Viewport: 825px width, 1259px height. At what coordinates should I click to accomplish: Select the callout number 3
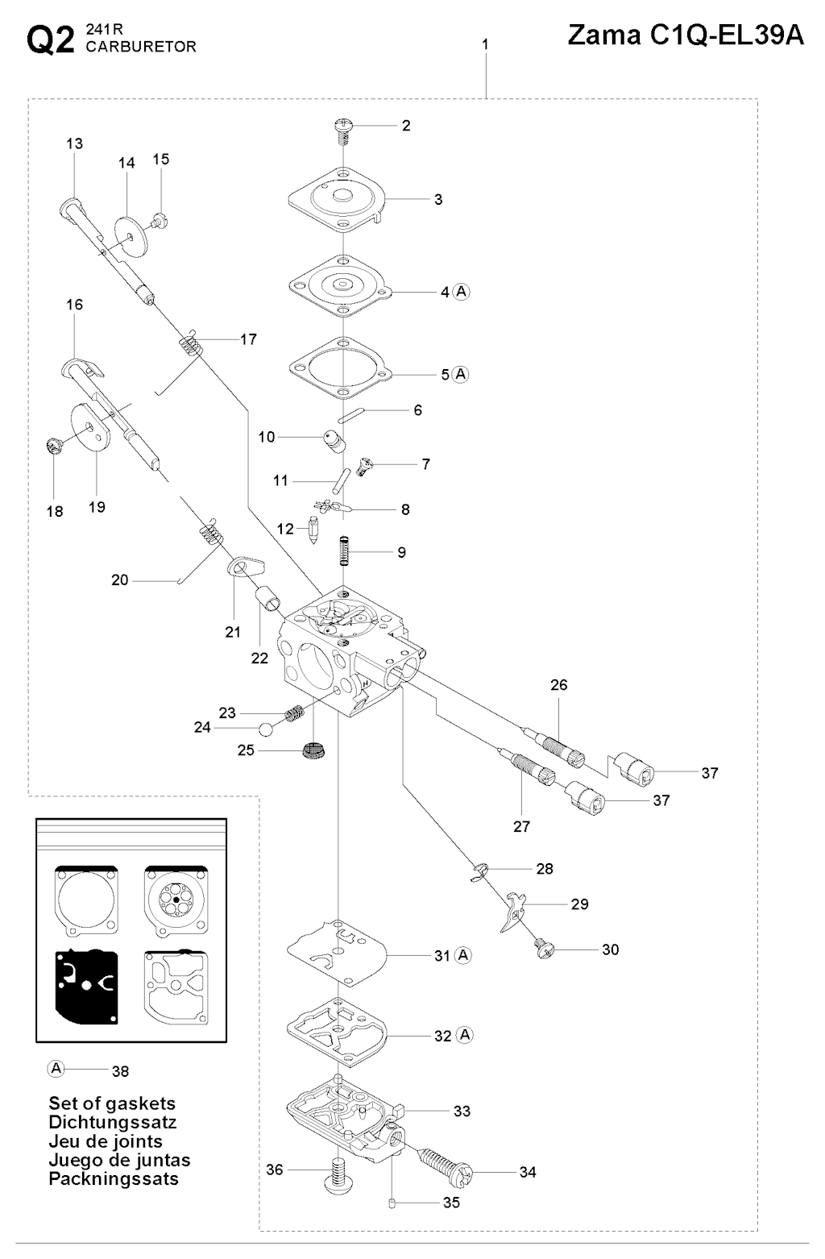[438, 199]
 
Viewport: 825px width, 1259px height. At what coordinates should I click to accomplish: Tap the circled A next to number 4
[462, 292]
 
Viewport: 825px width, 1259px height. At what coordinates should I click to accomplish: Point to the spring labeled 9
[344, 552]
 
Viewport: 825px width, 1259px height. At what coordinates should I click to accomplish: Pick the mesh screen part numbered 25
[313, 750]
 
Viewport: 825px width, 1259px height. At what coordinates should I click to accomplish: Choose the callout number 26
[558, 685]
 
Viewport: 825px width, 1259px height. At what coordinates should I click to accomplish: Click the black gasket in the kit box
[85, 985]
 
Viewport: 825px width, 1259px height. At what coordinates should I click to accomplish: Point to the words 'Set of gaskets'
[112, 1103]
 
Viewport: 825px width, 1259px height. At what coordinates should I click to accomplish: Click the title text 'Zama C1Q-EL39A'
[686, 35]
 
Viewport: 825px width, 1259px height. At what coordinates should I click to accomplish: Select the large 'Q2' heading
[51, 40]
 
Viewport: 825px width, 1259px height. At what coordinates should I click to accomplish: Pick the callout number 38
[120, 1071]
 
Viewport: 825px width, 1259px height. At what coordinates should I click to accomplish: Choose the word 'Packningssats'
[114, 1178]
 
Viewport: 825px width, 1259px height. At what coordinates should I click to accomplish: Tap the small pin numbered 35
[392, 1204]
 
